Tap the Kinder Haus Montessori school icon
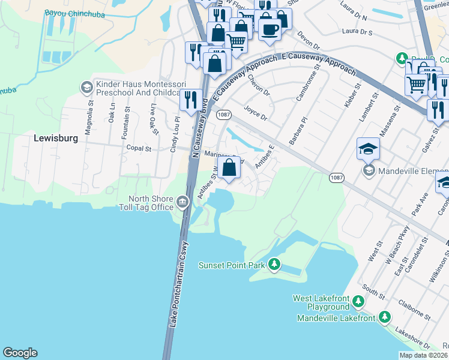pyautogui.click(x=86, y=88)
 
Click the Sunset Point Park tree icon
pyautogui.click(x=274, y=264)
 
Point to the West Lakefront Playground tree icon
pyautogui.click(x=358, y=301)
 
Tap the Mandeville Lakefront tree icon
pyautogui.click(x=384, y=317)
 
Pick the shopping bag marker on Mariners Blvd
pyautogui.click(x=229, y=168)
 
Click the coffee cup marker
pyautogui.click(x=270, y=29)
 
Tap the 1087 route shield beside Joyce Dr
pyautogui.click(x=224, y=114)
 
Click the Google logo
pyautogui.click(x=20, y=353)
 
